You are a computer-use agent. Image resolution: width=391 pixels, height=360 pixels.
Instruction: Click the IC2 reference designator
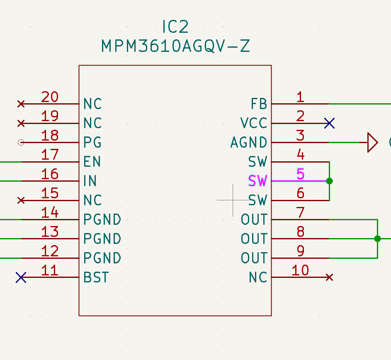point(175,27)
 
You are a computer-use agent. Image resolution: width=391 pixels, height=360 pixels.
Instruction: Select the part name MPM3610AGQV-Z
point(175,46)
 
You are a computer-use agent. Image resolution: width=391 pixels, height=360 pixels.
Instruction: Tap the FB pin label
point(259,104)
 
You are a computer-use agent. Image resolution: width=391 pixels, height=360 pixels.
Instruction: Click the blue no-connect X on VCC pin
point(330,123)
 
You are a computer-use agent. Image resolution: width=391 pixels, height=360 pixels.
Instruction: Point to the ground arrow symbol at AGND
point(372,143)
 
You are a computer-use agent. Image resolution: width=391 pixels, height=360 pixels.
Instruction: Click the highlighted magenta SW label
point(258,181)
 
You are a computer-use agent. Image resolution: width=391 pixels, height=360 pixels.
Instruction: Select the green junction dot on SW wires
point(329,181)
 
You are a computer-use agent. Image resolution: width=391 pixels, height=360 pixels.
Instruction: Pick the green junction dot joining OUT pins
point(377,238)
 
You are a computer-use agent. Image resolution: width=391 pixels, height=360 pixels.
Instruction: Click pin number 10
point(300,270)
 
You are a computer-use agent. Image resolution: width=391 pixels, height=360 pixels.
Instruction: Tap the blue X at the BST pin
point(21,277)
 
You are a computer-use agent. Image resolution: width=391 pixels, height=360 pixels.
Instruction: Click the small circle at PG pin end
point(21,143)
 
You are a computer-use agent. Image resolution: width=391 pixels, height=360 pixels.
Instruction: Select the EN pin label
point(92,161)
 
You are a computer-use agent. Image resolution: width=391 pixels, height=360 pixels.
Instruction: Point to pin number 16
point(50,174)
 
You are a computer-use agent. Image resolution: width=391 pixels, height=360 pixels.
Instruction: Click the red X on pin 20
point(21,104)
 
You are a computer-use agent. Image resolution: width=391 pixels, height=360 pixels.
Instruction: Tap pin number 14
point(50,212)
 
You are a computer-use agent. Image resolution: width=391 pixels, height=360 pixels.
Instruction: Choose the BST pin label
point(96,277)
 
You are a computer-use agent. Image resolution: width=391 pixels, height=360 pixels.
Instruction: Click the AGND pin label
point(249,143)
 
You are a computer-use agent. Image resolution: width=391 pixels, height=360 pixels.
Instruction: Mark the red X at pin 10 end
point(329,277)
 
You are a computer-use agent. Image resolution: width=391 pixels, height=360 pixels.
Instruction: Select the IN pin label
point(90,181)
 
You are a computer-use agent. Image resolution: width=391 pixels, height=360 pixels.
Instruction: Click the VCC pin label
point(254,123)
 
